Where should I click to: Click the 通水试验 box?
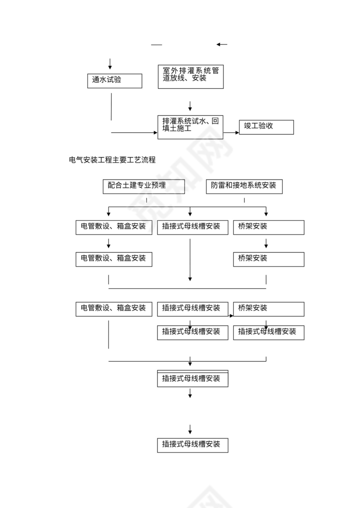coord(115,81)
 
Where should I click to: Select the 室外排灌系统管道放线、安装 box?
coord(190,76)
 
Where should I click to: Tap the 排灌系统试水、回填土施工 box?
coord(190,127)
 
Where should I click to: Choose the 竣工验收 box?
coord(266,127)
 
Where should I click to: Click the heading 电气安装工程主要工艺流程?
coord(112,160)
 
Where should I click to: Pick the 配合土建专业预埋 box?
coord(144,186)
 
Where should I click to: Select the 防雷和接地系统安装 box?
coord(244,186)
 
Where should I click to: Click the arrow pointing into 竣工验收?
coord(232,132)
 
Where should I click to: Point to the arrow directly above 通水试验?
coord(110,64)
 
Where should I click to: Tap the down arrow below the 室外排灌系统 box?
coord(190,105)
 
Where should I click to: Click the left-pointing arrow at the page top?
coord(222,44)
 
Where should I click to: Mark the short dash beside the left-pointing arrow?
coord(157,45)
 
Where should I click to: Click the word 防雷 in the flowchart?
coord(218,186)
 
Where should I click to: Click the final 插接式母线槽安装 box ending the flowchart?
coord(193,445)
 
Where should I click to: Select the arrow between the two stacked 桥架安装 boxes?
coord(266,243)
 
